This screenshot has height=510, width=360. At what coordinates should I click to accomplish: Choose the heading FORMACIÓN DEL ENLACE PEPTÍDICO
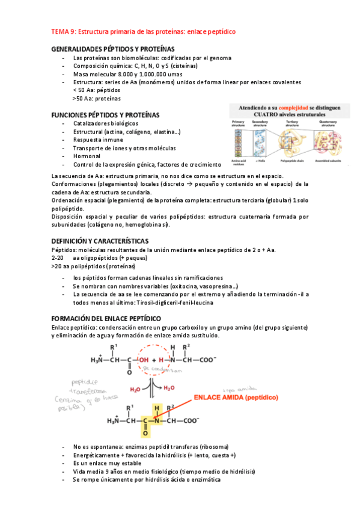(114, 318)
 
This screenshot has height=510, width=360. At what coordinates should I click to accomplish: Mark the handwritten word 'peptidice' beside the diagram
(84, 382)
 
